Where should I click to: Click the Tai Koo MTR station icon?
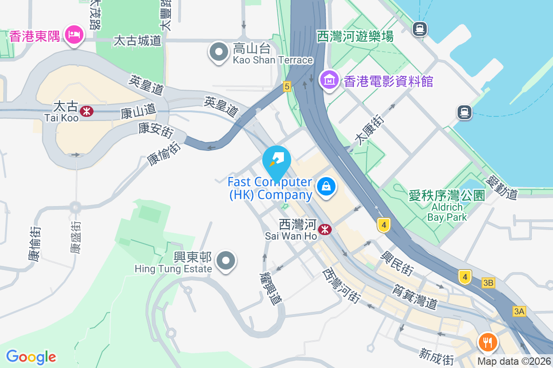(86, 110)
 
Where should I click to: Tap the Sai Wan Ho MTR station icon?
(325, 229)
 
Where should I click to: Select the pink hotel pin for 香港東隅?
(74, 34)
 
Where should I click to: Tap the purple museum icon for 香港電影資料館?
(330, 80)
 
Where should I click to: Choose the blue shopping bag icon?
(326, 187)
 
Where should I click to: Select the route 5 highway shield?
(287, 86)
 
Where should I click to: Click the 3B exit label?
(488, 283)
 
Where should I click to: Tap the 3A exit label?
(519, 311)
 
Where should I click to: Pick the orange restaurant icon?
(488, 342)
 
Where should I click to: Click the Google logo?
(31, 356)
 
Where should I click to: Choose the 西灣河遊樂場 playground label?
(355, 36)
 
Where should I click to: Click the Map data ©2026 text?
(514, 362)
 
